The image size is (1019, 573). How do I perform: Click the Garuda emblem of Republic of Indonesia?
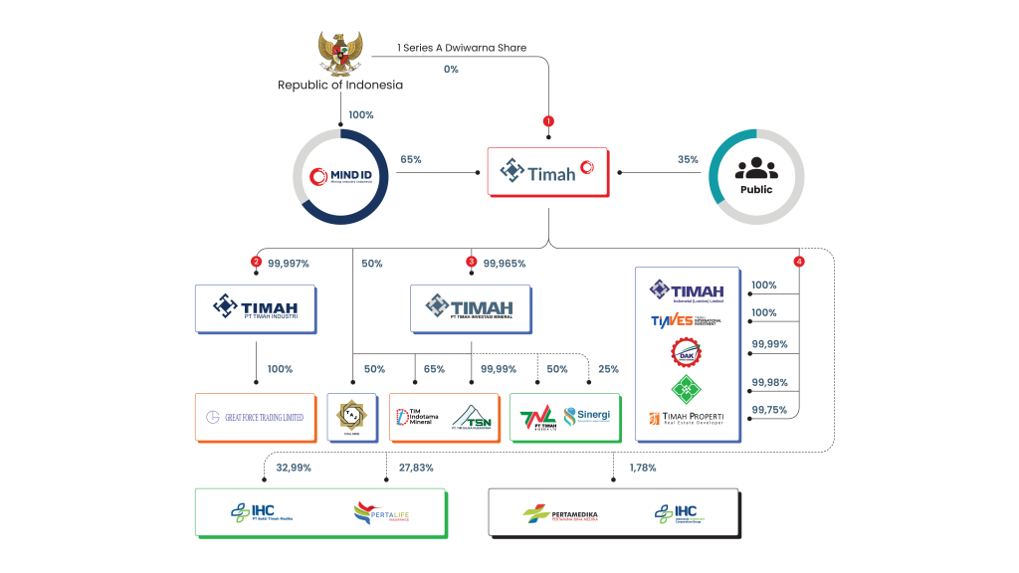[x=340, y=54]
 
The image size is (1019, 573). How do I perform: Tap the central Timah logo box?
[x=546, y=172]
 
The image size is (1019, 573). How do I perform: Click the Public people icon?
[x=755, y=172]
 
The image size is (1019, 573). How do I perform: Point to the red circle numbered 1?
[x=547, y=120]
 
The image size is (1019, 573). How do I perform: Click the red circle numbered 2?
[x=256, y=263]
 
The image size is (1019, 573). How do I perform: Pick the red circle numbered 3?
[x=472, y=263]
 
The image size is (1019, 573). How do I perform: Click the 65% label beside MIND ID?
[x=410, y=158]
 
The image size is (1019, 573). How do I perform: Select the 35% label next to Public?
[x=688, y=158]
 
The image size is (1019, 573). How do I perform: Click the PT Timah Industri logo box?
[x=256, y=308]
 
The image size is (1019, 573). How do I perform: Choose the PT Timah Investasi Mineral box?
[x=471, y=308]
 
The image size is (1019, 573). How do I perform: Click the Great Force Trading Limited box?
[x=256, y=417]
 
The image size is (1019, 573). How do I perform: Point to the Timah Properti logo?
[x=688, y=419]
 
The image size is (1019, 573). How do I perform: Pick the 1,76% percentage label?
[x=642, y=468]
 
